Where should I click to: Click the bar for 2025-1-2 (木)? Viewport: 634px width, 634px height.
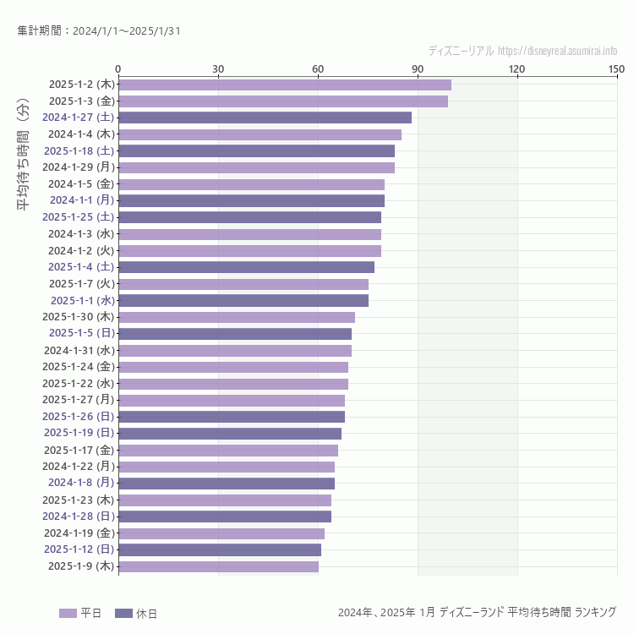285,85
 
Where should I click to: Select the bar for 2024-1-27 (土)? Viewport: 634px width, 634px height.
265,118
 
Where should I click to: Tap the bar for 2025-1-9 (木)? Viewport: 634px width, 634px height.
218,566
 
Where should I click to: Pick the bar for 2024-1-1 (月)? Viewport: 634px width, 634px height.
251,200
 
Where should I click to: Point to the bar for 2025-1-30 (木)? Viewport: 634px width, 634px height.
237,317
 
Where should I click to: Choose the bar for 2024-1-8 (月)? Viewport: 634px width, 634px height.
227,484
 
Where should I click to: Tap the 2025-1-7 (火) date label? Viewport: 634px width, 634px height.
81,284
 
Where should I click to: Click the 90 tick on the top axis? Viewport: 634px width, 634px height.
418,68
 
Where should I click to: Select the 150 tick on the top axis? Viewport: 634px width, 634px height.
616,68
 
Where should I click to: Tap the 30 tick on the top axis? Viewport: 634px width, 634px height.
218,68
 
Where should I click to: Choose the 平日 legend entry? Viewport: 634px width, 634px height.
80,613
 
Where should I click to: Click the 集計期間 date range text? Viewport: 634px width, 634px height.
99,31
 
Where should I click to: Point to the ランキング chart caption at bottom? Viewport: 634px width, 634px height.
477,612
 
